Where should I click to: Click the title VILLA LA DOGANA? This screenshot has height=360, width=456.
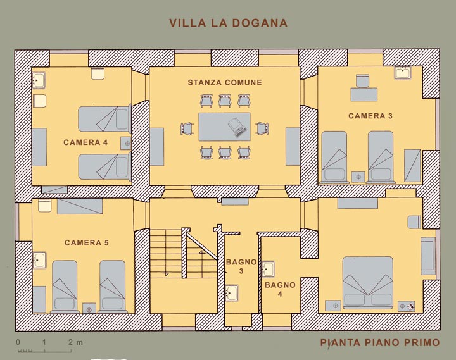[228, 23]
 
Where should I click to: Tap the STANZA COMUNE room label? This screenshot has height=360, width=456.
[225, 82]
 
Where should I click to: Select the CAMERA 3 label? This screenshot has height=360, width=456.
[370, 116]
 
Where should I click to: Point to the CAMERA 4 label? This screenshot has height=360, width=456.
[85, 142]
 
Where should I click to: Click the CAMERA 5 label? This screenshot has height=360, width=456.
[87, 242]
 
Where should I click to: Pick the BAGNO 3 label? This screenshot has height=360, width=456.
[241, 266]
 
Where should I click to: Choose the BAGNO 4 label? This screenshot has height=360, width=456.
[280, 289]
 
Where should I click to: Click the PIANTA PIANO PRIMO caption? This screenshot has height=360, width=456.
[380, 342]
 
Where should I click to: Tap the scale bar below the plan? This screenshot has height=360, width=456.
[44, 351]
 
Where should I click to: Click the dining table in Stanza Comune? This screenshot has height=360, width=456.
[224, 127]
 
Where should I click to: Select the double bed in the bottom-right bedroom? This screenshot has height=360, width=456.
[368, 282]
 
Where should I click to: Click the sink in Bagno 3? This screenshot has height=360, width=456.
[232, 292]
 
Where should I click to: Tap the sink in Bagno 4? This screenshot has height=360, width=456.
[268, 269]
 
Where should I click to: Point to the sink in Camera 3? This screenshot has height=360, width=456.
[403, 73]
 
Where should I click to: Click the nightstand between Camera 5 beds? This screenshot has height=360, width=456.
[89, 308]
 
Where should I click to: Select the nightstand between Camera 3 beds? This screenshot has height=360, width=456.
[358, 177]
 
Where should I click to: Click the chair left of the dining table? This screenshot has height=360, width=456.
[187, 128]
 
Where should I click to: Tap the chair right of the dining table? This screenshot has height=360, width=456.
[262, 128]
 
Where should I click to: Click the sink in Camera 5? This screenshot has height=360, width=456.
[39, 260]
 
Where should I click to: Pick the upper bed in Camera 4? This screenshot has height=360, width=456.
[104, 118]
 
